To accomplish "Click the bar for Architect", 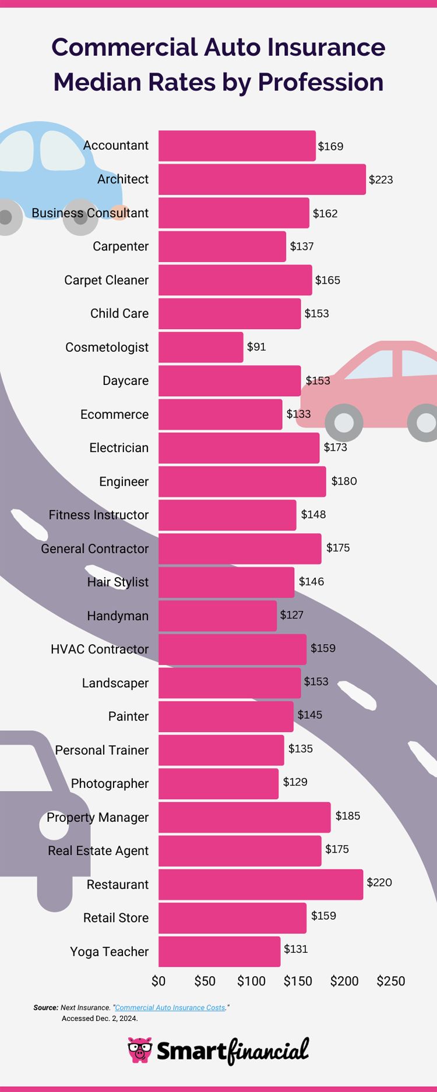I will click(x=262, y=179).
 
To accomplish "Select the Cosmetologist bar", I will click(x=200, y=347).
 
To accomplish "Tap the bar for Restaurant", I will click(x=260, y=884).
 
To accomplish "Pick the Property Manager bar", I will click(x=244, y=817).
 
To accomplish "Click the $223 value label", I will click(x=380, y=180).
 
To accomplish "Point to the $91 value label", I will click(x=256, y=347).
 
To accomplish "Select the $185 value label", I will click(x=347, y=816).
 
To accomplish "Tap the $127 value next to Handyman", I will click(x=291, y=615).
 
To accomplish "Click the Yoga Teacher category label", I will click(x=109, y=952).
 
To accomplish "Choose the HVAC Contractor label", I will click(x=100, y=649).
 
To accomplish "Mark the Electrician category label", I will click(x=119, y=448).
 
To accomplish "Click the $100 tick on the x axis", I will click(x=251, y=981).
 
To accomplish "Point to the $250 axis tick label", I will click(x=390, y=981).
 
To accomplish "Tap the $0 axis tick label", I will click(x=158, y=981).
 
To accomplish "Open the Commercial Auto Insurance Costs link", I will click(x=170, y=1008).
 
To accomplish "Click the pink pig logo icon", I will click(x=140, y=1050).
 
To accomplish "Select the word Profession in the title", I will click(x=320, y=82).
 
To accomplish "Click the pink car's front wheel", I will click(x=344, y=422).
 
